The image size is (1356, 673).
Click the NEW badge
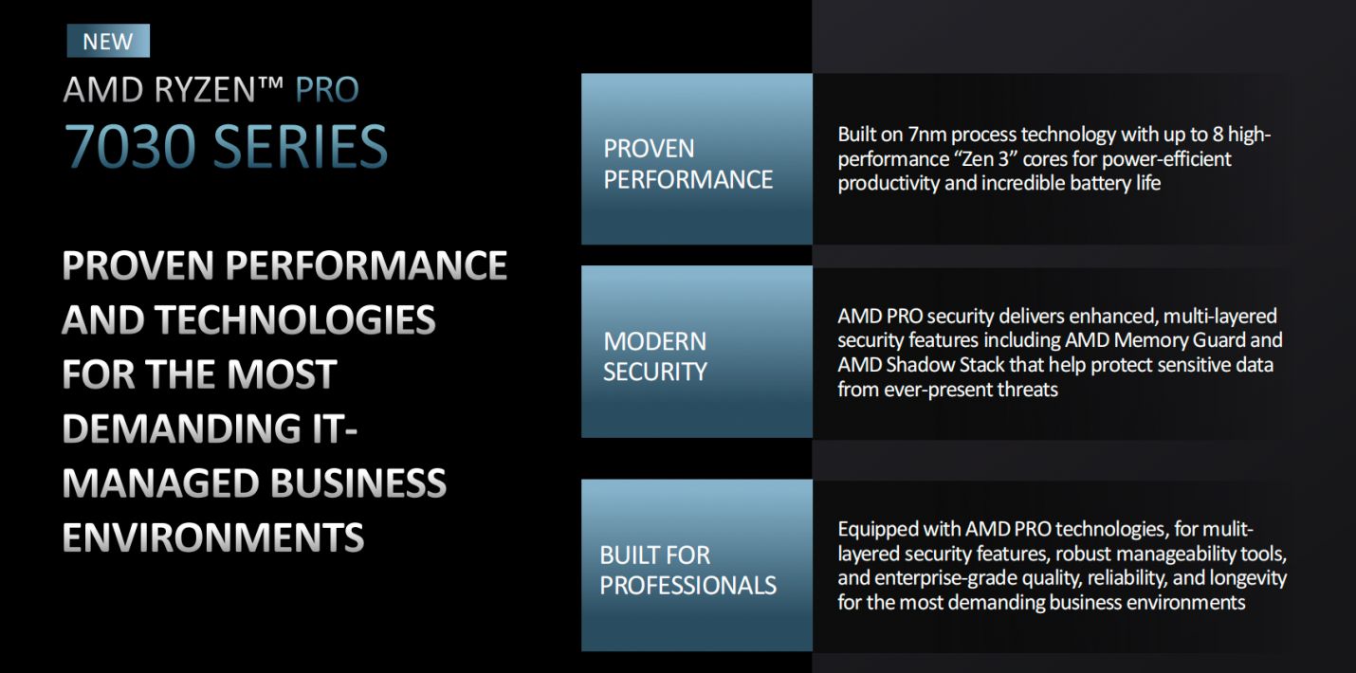click(x=108, y=41)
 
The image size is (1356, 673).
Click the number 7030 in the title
click(x=130, y=147)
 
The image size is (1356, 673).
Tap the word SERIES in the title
click(x=301, y=147)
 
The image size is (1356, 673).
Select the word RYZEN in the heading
click(x=206, y=89)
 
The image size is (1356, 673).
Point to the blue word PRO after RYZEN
click(x=327, y=89)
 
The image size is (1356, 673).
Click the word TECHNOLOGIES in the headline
click(x=295, y=319)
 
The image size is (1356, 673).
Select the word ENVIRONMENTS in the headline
click(x=213, y=537)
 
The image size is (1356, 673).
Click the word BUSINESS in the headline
click(x=357, y=483)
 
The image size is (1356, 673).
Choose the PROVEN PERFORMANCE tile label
click(x=687, y=164)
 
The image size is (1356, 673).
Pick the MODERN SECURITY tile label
click(x=655, y=356)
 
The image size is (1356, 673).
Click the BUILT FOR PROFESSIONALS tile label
click(x=687, y=570)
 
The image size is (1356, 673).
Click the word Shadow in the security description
click(x=917, y=365)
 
